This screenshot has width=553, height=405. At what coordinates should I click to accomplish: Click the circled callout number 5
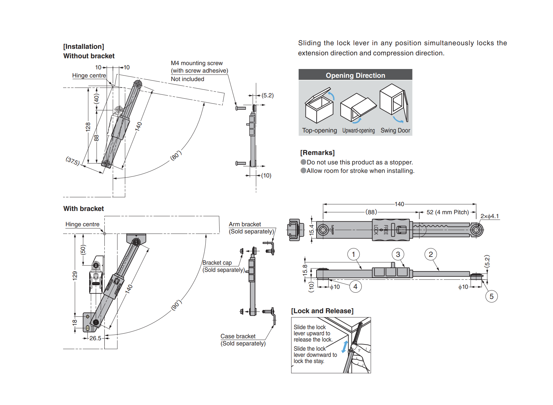click(491, 296)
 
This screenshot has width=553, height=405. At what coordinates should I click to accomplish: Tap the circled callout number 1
click(353, 254)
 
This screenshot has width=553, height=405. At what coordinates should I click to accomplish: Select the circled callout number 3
click(398, 254)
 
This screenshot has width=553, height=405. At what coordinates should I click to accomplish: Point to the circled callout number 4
click(355, 286)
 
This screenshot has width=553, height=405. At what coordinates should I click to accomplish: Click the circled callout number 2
click(430, 254)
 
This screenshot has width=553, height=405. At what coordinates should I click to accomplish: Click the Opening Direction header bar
click(355, 75)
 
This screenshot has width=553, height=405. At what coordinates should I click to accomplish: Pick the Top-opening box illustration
click(319, 105)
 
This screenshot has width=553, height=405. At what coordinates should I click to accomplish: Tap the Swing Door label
click(395, 131)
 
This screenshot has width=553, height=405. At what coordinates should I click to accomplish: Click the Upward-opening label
click(358, 131)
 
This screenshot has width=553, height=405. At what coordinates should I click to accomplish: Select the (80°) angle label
click(176, 155)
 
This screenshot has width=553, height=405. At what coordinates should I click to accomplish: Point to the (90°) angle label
click(176, 305)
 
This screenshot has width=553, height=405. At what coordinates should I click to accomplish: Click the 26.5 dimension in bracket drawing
click(95, 338)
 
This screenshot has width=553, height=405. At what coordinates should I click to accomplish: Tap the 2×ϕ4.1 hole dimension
click(490, 216)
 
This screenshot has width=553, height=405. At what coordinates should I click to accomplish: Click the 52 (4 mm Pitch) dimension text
click(448, 212)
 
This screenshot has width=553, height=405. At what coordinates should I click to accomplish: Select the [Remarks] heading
click(317, 153)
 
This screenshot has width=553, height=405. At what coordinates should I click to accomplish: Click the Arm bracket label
click(245, 224)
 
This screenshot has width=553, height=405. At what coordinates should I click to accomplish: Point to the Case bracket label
click(238, 336)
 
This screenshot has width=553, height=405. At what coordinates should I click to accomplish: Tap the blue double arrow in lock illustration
click(344, 347)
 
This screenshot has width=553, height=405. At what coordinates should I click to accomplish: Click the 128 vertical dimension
click(88, 126)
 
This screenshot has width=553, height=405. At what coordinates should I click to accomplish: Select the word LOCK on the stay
click(376, 230)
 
